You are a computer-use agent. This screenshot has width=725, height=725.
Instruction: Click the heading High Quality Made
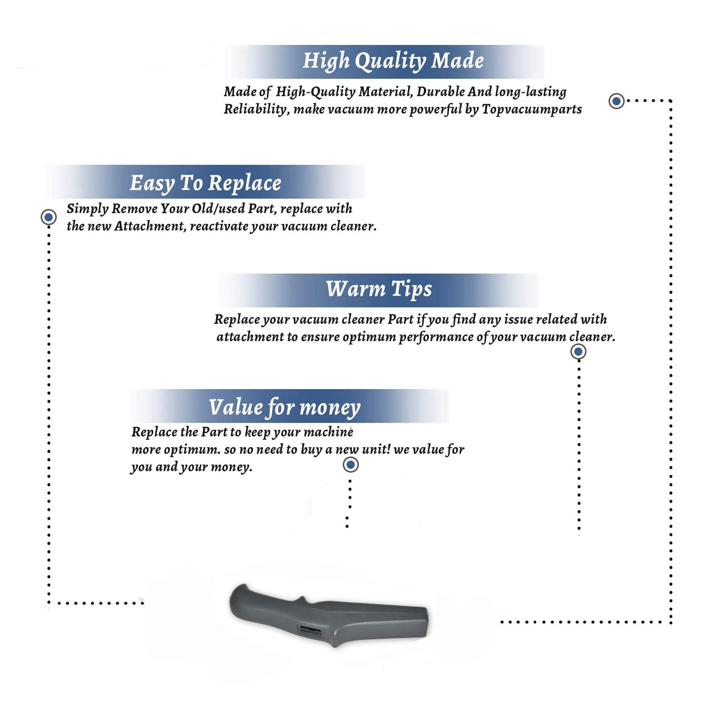(393, 61)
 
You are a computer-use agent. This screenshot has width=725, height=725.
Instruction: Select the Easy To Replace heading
(205, 183)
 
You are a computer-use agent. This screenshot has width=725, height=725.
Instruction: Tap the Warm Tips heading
(378, 289)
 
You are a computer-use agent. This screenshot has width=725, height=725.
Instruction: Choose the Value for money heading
(284, 407)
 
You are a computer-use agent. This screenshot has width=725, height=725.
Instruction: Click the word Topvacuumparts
(532, 109)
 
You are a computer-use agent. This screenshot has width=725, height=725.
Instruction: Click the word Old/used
(218, 208)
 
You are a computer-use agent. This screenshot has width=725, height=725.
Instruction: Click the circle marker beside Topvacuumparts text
(616, 101)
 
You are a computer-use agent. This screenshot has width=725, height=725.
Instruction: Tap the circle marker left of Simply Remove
(48, 217)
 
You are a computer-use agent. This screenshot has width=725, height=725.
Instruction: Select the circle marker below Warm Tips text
(579, 351)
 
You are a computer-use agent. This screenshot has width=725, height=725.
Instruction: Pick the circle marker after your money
(350, 465)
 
